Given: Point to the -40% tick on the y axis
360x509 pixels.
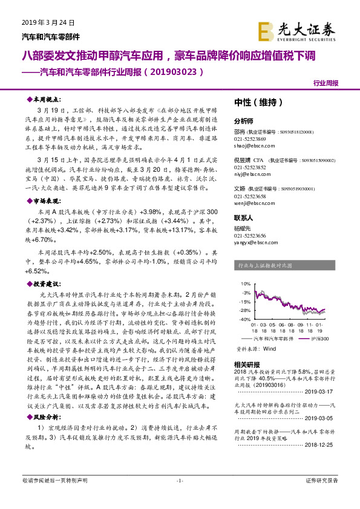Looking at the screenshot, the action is pos(245,319).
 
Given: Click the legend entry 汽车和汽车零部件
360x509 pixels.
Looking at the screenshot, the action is pos(276,339).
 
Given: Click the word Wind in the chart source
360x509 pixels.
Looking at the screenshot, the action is pos(270,349).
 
